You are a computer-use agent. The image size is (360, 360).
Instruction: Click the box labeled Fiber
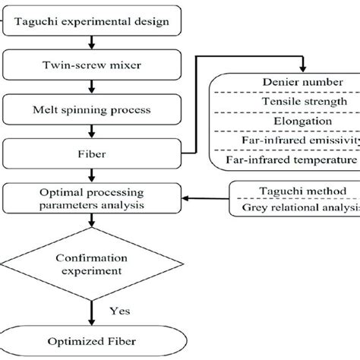tap(93, 156)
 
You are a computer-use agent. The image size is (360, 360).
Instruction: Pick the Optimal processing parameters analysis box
tap(93, 200)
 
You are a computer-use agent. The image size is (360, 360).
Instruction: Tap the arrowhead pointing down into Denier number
tap(302, 65)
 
